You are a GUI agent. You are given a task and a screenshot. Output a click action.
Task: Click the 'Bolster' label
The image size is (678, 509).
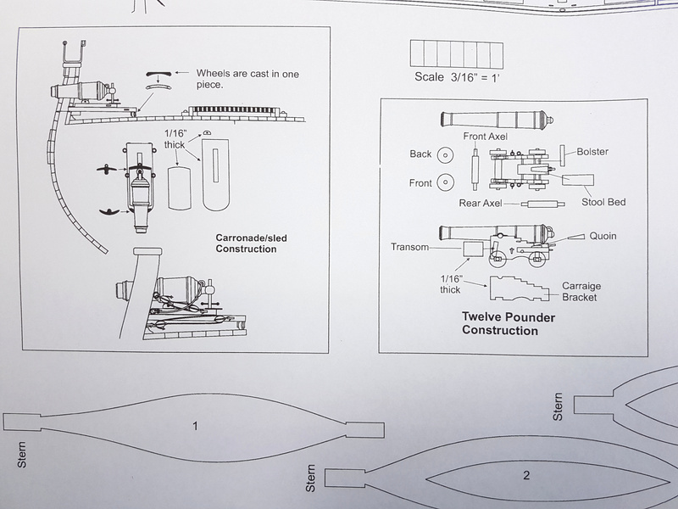click(x=592, y=152)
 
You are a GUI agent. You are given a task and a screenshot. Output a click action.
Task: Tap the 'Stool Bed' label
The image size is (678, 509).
click(x=603, y=202)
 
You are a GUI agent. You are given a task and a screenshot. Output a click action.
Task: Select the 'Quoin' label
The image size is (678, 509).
click(x=603, y=236)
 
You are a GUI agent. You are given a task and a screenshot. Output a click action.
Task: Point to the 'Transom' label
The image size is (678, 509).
click(x=410, y=247)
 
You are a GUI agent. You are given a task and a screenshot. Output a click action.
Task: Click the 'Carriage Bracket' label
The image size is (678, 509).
click(x=581, y=291)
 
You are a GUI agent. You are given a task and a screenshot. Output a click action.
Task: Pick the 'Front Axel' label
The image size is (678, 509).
click(x=485, y=137)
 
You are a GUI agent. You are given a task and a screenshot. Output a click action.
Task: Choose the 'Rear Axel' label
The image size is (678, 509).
click(x=481, y=203)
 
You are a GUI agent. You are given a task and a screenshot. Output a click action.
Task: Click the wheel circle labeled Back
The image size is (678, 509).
click(x=445, y=155)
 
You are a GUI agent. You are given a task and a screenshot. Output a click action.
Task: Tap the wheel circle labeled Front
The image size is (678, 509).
click(x=445, y=182)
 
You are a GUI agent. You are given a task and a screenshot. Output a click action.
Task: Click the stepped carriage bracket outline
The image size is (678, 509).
click(x=519, y=288)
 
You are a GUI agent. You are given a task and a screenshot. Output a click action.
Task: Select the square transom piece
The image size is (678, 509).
click(x=473, y=250)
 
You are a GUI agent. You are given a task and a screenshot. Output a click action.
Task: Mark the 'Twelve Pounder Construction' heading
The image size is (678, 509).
click(x=508, y=324)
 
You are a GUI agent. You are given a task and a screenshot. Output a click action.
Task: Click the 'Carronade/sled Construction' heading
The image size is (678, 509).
click(x=251, y=243)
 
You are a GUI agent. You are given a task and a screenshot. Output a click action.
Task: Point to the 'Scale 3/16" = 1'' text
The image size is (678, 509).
click(x=457, y=77)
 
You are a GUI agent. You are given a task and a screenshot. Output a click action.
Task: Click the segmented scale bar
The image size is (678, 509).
click(x=457, y=54)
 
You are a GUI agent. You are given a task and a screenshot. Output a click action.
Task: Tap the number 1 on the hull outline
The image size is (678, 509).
click(x=195, y=427)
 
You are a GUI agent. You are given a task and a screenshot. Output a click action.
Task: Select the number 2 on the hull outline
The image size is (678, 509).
click(x=526, y=475)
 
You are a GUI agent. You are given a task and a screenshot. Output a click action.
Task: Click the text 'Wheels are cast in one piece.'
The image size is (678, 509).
click(x=247, y=79)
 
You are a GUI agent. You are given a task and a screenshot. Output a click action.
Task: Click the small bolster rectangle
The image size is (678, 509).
click(x=563, y=156)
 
